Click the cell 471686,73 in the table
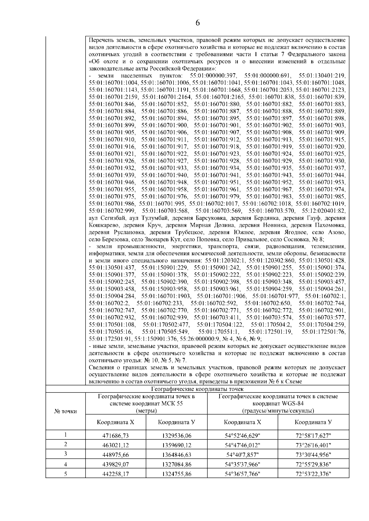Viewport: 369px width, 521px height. (x=116, y=435)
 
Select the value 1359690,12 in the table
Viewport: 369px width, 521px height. (x=177, y=445)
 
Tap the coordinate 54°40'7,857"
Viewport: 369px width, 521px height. (x=243, y=454)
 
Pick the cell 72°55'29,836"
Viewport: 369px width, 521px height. (x=313, y=464)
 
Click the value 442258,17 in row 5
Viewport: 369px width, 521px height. (x=116, y=474)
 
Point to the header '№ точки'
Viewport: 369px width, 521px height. (x=65, y=411)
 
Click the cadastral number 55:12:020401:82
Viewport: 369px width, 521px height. (x=323, y=211)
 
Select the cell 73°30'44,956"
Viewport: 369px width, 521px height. (x=313, y=454)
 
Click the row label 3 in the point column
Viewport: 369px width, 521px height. (x=65, y=454)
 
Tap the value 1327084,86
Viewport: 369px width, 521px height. (x=177, y=464)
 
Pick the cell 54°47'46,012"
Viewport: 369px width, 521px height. (x=243, y=445)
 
